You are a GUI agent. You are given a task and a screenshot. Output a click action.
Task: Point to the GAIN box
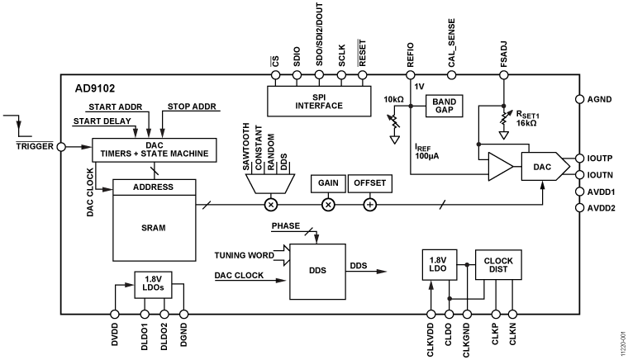pyautogui.click(x=327, y=182)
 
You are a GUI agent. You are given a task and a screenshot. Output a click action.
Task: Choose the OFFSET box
pyautogui.click(x=369, y=182)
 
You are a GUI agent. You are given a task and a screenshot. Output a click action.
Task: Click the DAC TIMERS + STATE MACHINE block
pyautogui.click(x=155, y=149)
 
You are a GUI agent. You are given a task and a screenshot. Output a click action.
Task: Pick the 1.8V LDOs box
pyautogui.click(x=152, y=285)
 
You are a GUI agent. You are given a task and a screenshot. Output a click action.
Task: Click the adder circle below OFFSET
pyautogui.click(x=369, y=202)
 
